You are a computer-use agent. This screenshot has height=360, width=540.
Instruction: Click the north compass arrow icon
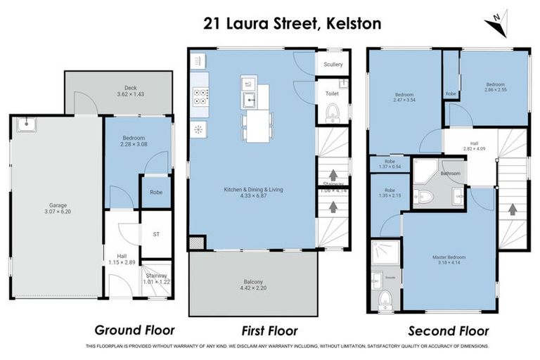click(x=496, y=23)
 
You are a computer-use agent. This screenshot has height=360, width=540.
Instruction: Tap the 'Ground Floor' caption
click(x=134, y=330)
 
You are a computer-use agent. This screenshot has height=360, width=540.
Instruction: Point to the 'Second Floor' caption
click(x=449, y=330)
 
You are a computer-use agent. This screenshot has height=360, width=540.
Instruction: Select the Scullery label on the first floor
click(x=333, y=65)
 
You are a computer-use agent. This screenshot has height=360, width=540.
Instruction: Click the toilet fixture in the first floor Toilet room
click(x=333, y=112)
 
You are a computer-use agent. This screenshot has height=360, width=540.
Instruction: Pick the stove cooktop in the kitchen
click(x=200, y=97)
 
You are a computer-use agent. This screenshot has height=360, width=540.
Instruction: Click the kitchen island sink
click(x=249, y=100)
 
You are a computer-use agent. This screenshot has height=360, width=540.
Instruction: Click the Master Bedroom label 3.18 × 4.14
click(x=449, y=260)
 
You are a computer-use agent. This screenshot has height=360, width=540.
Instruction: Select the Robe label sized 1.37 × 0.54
click(x=385, y=164)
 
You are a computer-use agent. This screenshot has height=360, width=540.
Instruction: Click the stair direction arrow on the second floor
click(x=512, y=209)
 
